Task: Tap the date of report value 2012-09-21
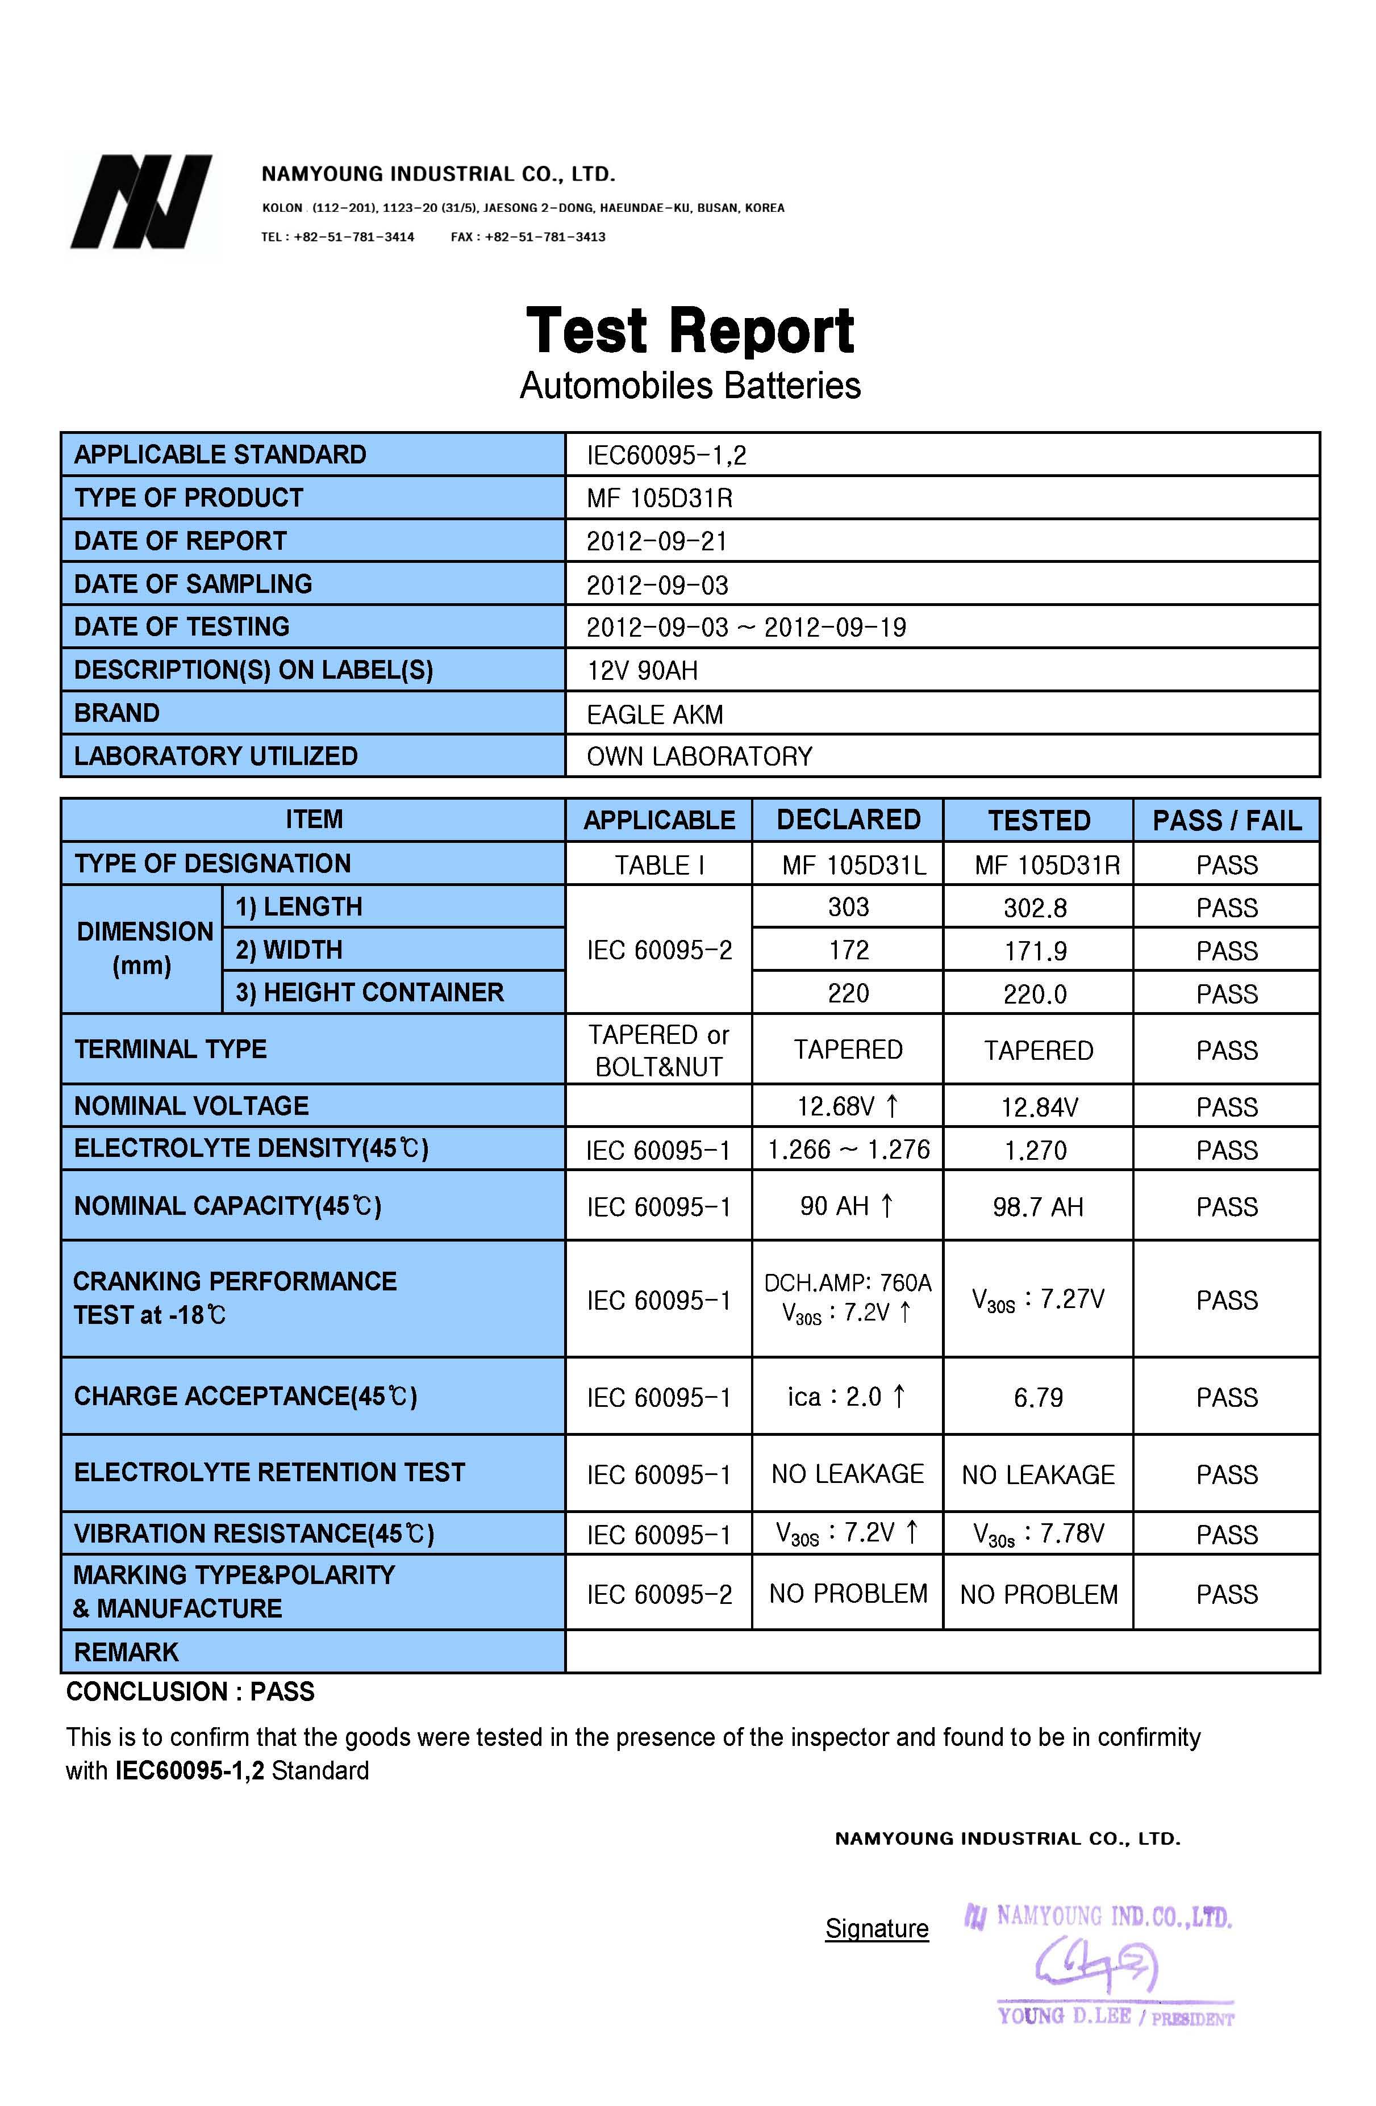(x=657, y=541)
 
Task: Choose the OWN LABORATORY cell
(x=699, y=757)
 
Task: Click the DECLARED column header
(x=848, y=820)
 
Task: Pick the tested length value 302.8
(x=1035, y=908)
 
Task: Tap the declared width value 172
(x=848, y=950)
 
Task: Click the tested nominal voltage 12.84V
(x=1039, y=1107)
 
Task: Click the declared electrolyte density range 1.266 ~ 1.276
(x=848, y=1150)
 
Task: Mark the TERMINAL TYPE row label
(x=170, y=1050)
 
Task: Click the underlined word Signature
(x=876, y=1929)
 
